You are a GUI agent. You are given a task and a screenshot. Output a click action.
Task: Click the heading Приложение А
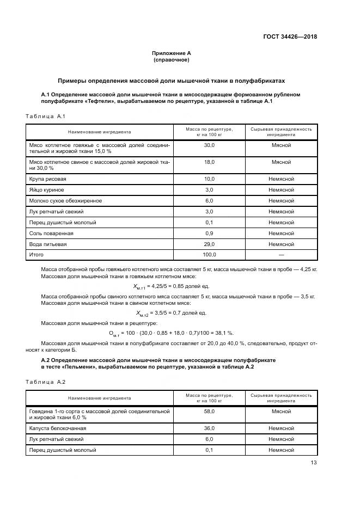click(171, 53)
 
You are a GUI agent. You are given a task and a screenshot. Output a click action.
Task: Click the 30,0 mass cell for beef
click(209, 146)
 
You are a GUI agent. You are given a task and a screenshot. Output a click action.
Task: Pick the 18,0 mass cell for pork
click(209, 162)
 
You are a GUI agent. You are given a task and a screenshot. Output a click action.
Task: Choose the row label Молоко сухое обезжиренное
click(65, 200)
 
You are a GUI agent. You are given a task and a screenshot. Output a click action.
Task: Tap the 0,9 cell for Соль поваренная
click(209, 233)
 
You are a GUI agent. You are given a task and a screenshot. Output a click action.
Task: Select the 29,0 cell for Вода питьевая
click(209, 244)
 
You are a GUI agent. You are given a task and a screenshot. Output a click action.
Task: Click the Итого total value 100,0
click(209, 255)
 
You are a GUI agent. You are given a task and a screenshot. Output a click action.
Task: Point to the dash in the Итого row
click(281, 255)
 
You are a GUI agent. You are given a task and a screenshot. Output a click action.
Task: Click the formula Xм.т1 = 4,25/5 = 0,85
click(171, 286)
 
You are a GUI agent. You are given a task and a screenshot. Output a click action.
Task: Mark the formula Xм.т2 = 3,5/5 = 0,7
click(171, 313)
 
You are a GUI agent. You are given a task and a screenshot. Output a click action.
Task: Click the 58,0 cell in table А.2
click(209, 412)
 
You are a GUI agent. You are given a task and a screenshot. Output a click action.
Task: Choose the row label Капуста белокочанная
click(58, 428)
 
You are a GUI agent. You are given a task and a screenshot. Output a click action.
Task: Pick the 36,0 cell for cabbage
click(209, 428)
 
